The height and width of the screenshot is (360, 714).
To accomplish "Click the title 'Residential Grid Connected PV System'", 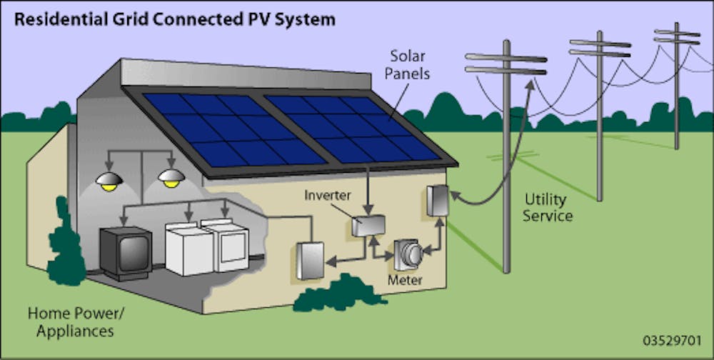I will tap(175, 19).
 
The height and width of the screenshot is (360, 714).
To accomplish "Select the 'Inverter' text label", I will tap(328, 194).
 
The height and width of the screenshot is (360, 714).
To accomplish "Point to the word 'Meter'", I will tap(405, 279).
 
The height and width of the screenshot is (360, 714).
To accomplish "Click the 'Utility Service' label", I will tap(548, 206).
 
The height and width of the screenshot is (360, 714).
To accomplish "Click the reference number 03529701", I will tap(672, 339).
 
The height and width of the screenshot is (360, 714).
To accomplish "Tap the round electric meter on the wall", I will tap(409, 253).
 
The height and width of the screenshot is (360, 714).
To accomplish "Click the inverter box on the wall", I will tap(368, 226).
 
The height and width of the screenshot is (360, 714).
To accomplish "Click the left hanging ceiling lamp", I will tap(110, 180).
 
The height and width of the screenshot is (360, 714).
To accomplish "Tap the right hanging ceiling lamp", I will tap(171, 178).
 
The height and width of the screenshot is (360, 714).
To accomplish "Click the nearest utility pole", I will tap(506, 157).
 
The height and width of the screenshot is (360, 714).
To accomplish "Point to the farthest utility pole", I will tap(676, 86).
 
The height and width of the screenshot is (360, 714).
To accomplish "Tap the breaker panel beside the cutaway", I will tap(310, 260).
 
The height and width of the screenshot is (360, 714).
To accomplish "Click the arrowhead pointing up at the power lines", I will tap(530, 84).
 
